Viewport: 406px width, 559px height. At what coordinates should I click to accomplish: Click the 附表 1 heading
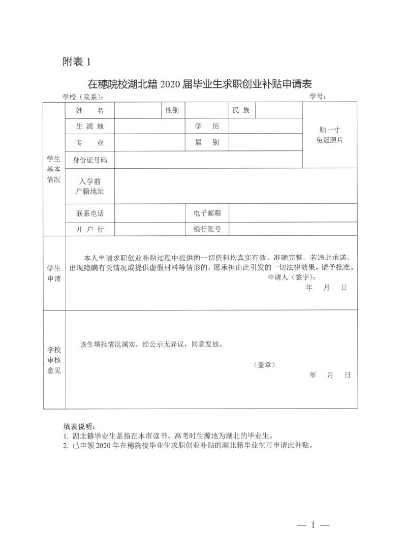tap(76, 62)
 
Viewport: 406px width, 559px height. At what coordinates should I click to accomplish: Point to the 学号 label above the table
tap(318, 97)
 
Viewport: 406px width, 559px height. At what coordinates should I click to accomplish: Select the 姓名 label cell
tap(90, 110)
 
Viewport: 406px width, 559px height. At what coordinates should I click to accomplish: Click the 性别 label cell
tap(172, 110)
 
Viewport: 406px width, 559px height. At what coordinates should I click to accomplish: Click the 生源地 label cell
tap(90, 127)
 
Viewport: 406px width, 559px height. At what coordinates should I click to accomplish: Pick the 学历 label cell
tap(206, 127)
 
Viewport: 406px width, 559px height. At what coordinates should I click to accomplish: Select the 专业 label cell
tap(90, 143)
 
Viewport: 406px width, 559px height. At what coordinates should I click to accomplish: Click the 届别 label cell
tap(206, 143)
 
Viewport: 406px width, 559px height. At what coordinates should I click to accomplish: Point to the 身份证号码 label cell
tap(90, 160)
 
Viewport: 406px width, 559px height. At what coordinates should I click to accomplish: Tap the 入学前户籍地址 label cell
tap(90, 186)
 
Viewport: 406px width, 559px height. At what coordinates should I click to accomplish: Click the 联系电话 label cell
tap(90, 213)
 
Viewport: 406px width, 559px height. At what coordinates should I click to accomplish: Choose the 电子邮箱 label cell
tap(206, 213)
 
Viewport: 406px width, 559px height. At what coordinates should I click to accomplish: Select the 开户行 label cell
tap(90, 229)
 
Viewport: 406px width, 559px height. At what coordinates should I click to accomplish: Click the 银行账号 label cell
tap(206, 229)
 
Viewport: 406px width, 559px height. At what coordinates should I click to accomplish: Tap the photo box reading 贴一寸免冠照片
tap(329, 135)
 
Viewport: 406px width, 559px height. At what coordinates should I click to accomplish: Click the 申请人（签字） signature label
tap(291, 277)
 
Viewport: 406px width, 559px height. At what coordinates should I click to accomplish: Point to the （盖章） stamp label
tap(264, 364)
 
